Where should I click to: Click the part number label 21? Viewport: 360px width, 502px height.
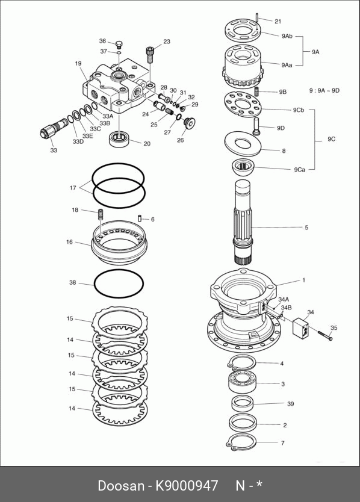(278, 22)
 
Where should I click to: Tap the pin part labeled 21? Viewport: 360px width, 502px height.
(257, 17)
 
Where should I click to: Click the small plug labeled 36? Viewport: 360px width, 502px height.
(119, 43)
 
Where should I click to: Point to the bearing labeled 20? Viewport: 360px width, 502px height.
(119, 139)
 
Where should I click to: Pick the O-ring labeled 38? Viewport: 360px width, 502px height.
(119, 284)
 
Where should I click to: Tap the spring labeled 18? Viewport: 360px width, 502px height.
(101, 214)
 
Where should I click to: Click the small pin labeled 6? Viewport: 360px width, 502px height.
(140, 218)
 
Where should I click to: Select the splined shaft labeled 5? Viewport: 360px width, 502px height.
(244, 222)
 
